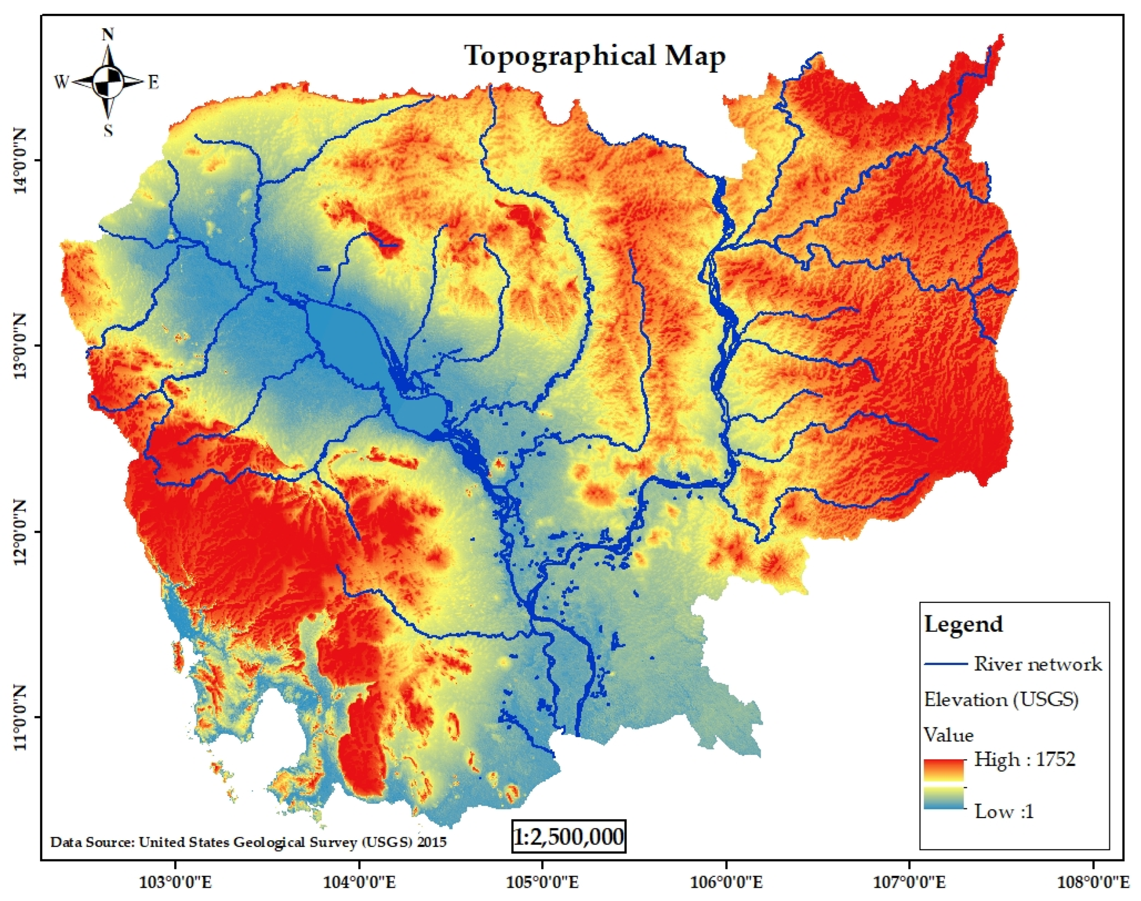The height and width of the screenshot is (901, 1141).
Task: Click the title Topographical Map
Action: pyautogui.click(x=595, y=56)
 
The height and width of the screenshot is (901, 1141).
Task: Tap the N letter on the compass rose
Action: pyautogui.click(x=108, y=35)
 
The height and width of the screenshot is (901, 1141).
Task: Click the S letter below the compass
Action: pyautogui.click(x=108, y=130)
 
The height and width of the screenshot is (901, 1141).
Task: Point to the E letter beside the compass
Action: pyautogui.click(x=153, y=83)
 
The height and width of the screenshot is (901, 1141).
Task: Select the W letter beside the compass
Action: pyautogui.click(x=62, y=83)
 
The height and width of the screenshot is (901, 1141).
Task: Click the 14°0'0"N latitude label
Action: pyautogui.click(x=20, y=160)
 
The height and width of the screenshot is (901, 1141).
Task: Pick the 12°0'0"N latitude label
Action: pyautogui.click(x=20, y=532)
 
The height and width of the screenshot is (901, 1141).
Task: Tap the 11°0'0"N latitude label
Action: pyautogui.click(x=20, y=717)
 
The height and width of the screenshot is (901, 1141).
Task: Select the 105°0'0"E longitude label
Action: pyautogui.click(x=542, y=882)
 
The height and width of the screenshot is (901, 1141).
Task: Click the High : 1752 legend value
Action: pyautogui.click(x=1024, y=759)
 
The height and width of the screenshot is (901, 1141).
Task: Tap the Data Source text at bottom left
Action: pyautogui.click(x=248, y=842)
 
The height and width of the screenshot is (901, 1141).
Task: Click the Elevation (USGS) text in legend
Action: pyautogui.click(x=1001, y=699)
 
